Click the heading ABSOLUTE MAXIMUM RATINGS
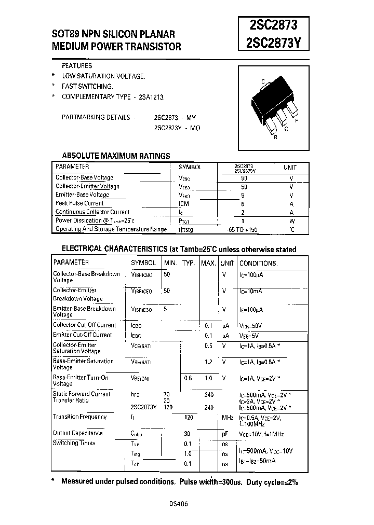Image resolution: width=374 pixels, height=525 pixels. point(116,156)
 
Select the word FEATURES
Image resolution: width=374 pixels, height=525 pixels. point(77,66)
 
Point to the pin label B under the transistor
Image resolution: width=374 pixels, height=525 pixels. point(275,137)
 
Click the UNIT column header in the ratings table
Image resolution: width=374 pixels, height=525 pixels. point(290,168)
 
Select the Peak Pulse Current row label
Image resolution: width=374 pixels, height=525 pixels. point(79,203)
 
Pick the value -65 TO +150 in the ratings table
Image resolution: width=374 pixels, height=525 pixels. point(243,229)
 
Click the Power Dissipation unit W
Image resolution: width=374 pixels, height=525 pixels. point(291,220)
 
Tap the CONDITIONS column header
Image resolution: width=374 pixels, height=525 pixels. point(258,263)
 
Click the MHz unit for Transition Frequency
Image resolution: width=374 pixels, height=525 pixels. point(228,417)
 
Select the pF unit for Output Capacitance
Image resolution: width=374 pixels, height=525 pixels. point(224,434)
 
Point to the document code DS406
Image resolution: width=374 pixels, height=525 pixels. point(179,504)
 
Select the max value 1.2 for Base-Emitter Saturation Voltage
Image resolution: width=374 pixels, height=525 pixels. point(208,361)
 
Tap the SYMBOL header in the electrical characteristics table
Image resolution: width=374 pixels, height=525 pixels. point(143,263)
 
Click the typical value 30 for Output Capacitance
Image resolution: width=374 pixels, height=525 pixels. point(187,434)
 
